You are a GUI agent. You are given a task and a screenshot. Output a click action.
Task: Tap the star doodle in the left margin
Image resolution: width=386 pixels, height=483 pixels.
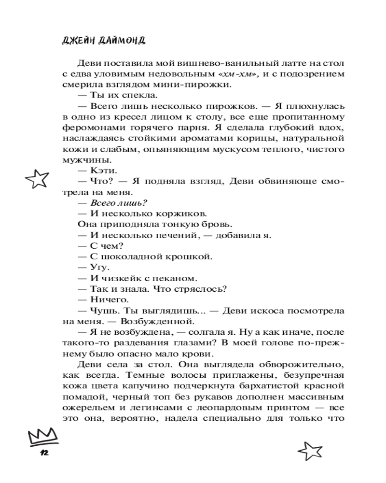click(38, 179)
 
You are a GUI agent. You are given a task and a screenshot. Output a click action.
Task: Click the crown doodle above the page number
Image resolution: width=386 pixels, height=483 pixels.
click(41, 438)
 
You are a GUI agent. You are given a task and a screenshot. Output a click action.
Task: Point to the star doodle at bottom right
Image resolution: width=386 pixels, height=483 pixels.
click(310, 451)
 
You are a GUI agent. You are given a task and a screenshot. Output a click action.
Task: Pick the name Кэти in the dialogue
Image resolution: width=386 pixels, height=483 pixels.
click(102, 170)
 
